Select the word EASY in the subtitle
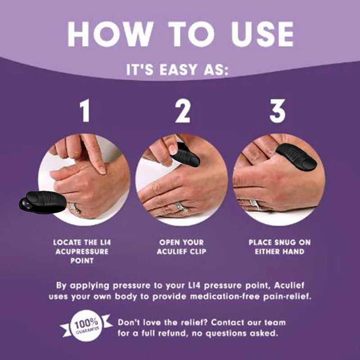coord(178,71)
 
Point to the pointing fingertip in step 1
coord(102,170)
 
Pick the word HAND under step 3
coord(295,252)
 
